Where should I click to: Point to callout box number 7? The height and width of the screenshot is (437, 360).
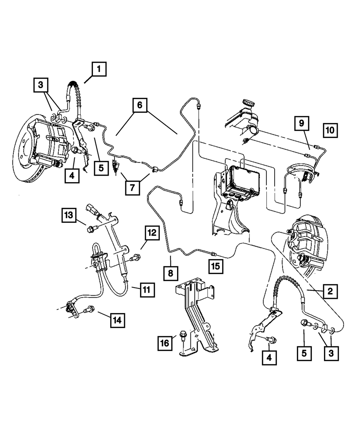[x=132, y=188]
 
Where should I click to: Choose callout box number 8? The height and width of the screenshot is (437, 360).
[x=170, y=273]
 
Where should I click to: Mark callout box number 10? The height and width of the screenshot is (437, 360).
[x=330, y=129]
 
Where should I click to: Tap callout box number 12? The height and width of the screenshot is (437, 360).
[x=152, y=233]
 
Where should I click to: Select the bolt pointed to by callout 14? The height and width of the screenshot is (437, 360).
[x=89, y=309]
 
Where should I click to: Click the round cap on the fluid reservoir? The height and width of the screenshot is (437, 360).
[x=248, y=104]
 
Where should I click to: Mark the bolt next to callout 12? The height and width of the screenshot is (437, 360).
[x=136, y=257]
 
